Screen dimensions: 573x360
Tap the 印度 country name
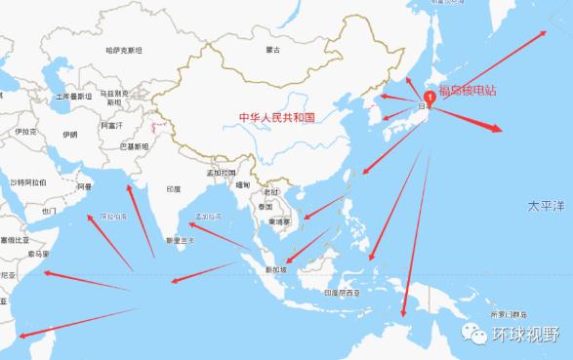coord(173,189)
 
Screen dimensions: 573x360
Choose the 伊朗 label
coord(69,134)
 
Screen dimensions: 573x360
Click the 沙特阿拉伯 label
coord(28,182)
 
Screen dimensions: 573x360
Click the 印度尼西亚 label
coord(345,292)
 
